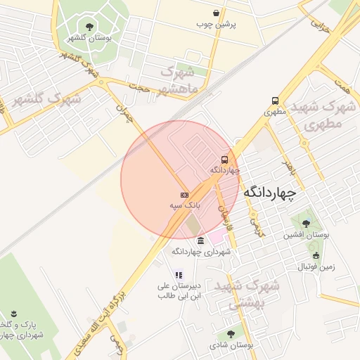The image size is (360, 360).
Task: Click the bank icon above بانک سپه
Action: (184, 195)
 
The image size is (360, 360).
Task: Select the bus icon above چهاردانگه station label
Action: (224, 159)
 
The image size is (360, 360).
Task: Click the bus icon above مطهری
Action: (274, 101)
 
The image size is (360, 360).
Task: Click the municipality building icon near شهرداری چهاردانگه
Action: (201, 240)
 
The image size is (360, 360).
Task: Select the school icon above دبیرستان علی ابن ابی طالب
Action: (179, 275)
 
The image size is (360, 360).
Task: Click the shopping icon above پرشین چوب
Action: (216, 13)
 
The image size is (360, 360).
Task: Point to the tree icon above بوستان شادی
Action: (231, 334)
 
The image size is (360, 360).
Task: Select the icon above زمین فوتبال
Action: (316, 256)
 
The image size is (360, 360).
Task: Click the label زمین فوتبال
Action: (316, 266)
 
